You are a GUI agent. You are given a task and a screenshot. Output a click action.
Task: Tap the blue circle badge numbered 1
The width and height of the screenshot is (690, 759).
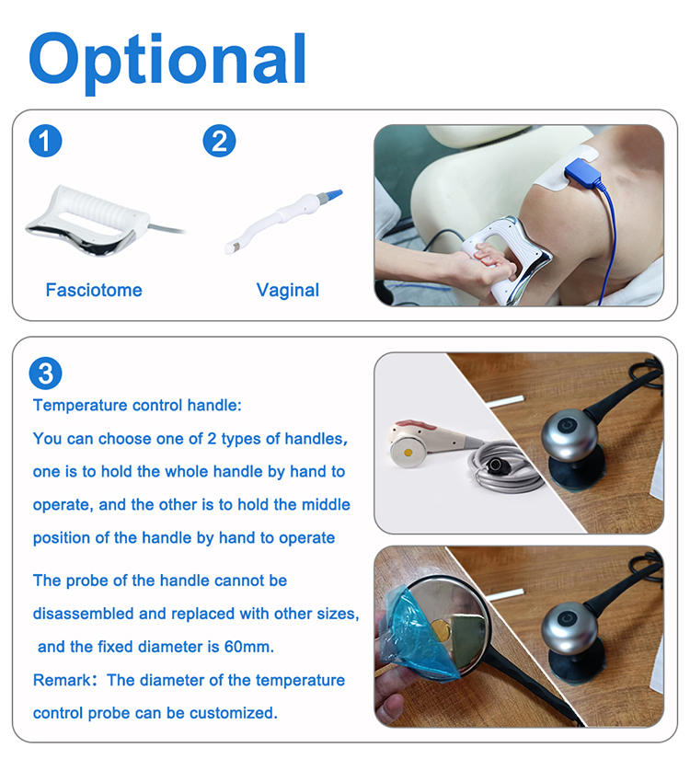pos(45,141)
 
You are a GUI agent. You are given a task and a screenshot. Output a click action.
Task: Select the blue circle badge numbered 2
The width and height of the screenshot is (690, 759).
pos(219,141)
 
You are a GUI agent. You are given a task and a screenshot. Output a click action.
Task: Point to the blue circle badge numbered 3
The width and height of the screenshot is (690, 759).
pos(45,373)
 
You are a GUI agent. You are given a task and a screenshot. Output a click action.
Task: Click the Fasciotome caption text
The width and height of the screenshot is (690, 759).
pos(94,291)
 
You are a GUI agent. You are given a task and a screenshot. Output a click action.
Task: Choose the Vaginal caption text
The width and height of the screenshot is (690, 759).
pos(288,291)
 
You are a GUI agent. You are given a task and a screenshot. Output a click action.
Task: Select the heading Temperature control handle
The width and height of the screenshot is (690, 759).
pos(137,406)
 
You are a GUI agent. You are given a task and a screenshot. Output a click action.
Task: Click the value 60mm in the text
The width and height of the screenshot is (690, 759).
pos(248,647)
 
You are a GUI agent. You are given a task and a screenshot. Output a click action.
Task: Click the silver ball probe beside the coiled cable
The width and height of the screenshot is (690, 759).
pos(571,431)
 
